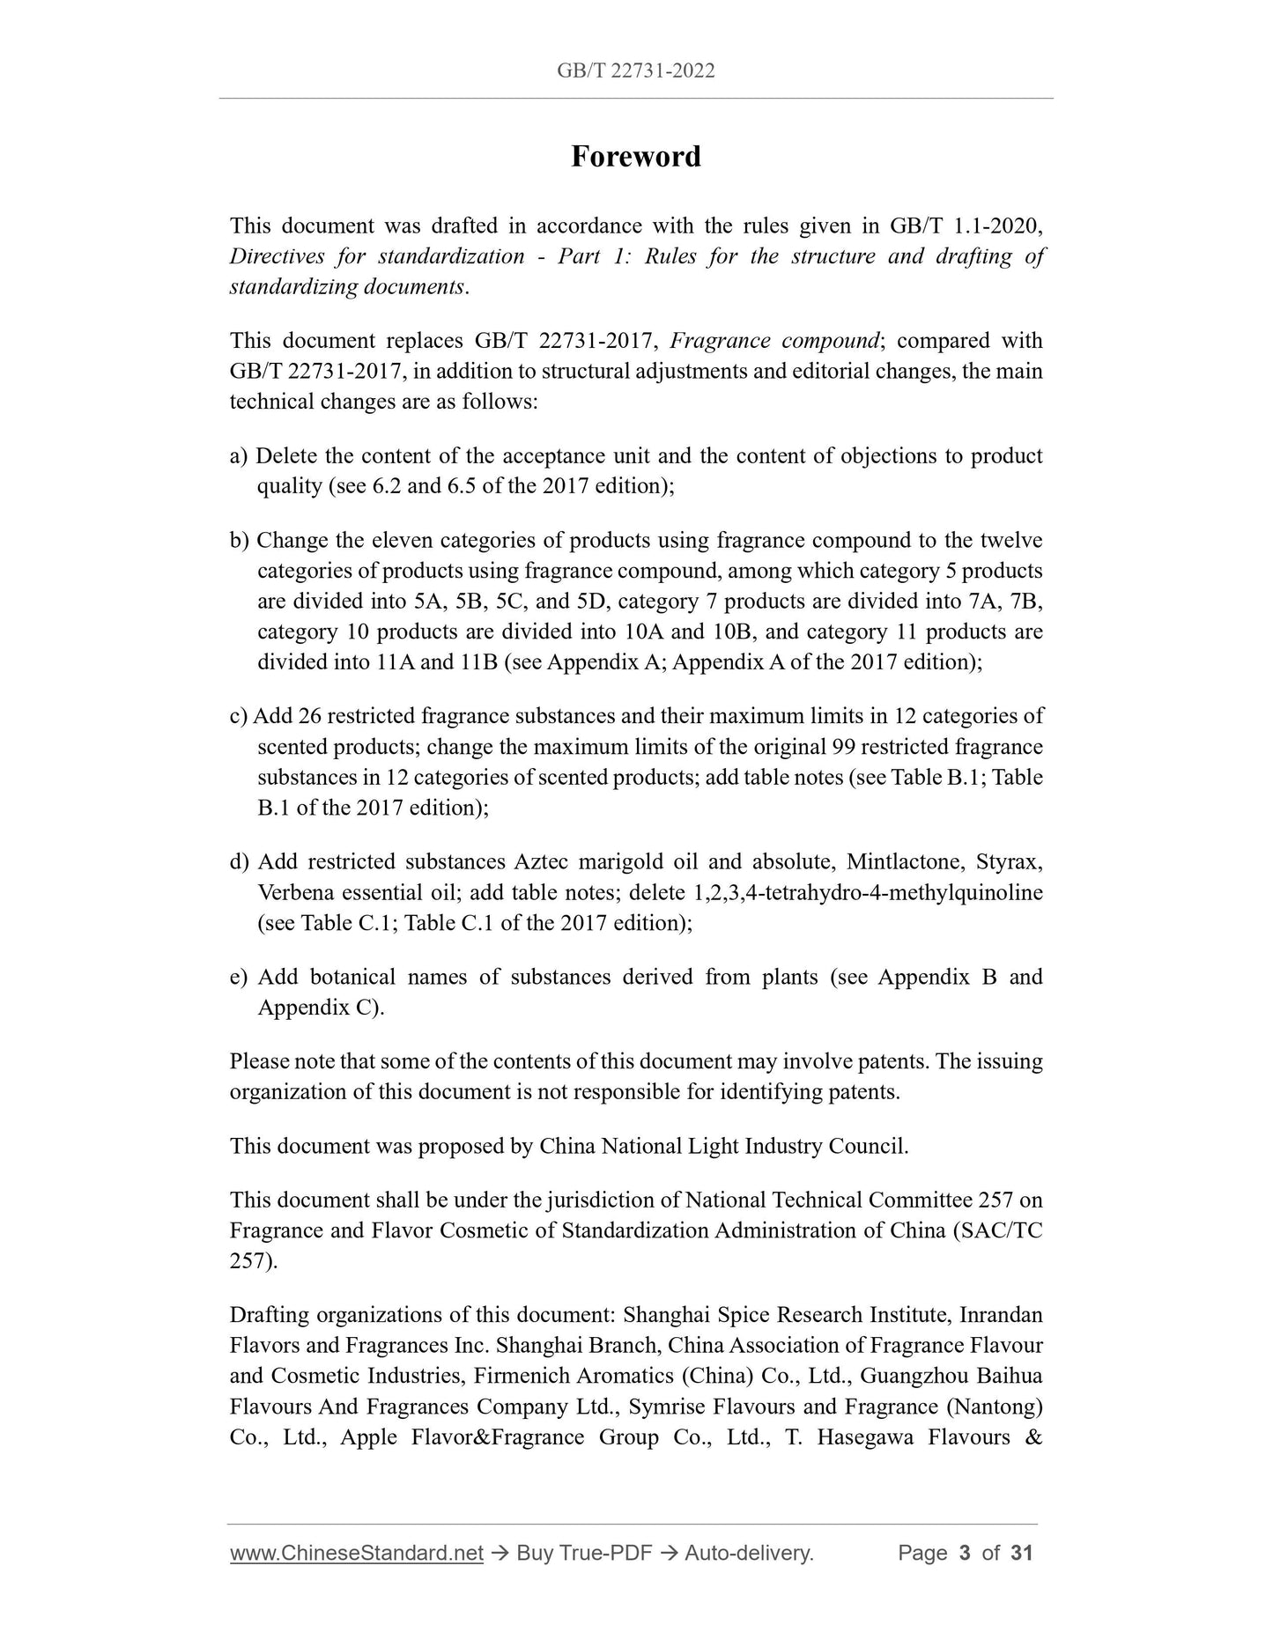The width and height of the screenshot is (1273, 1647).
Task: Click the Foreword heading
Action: pyautogui.click(x=635, y=157)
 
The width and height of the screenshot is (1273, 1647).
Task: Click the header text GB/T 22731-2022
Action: pyautogui.click(x=635, y=71)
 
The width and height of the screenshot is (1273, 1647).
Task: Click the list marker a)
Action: pyautogui.click(x=240, y=456)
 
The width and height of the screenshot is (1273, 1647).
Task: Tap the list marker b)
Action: pyautogui.click(x=240, y=541)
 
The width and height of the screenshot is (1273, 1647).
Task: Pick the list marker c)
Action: pyautogui.click(x=239, y=717)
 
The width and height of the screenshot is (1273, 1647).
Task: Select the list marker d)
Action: pyautogui.click(x=240, y=862)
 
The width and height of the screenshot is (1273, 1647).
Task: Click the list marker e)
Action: pyautogui.click(x=240, y=978)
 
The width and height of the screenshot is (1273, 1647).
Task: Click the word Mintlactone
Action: pyautogui.click(x=903, y=862)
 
